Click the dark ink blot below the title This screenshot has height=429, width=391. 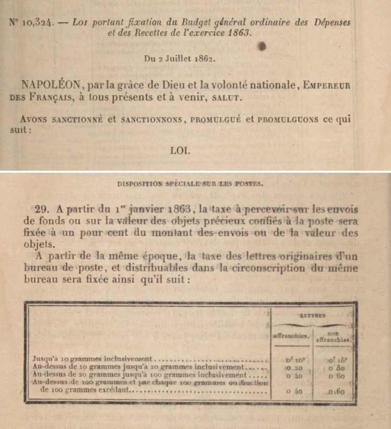click(x=263, y=47)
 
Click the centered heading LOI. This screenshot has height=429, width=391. click(x=180, y=151)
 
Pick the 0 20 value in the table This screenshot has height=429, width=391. click(x=291, y=367)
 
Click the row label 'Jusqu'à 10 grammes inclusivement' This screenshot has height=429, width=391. click(x=94, y=360)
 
